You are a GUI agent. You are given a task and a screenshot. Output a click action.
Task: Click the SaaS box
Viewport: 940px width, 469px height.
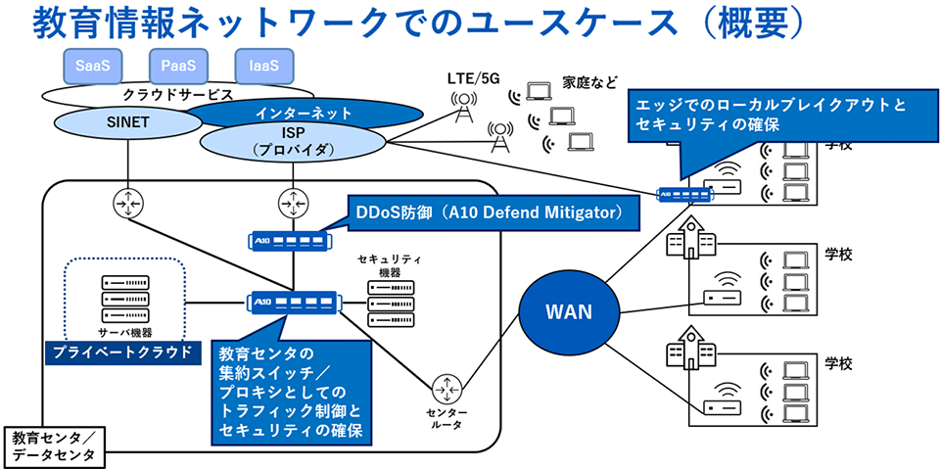coord(93,67)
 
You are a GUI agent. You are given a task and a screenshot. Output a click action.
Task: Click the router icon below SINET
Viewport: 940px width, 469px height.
coord(128,203)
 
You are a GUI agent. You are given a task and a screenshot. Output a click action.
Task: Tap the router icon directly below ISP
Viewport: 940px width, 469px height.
coord(290,203)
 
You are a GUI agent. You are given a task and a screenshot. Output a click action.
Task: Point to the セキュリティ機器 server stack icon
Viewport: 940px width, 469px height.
coord(391,304)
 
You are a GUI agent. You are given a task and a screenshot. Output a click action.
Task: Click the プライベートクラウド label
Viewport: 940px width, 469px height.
coord(120,351)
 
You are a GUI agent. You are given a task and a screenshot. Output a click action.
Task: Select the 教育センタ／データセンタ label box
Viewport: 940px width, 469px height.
coord(53,446)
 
